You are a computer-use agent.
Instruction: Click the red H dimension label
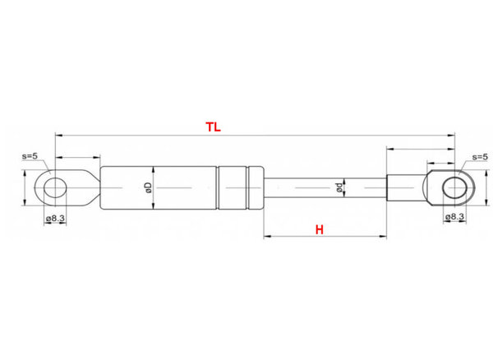[x=319, y=230]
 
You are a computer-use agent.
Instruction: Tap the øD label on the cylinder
[x=149, y=187]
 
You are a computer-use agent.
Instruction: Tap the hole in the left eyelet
[x=54, y=187]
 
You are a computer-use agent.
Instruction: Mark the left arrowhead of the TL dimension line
[x=58, y=134]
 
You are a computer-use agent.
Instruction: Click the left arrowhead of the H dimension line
[x=267, y=237]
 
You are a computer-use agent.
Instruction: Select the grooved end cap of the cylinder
[x=241, y=187]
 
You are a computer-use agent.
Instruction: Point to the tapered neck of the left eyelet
[x=85, y=187]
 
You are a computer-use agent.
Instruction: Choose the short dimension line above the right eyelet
[x=420, y=150]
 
